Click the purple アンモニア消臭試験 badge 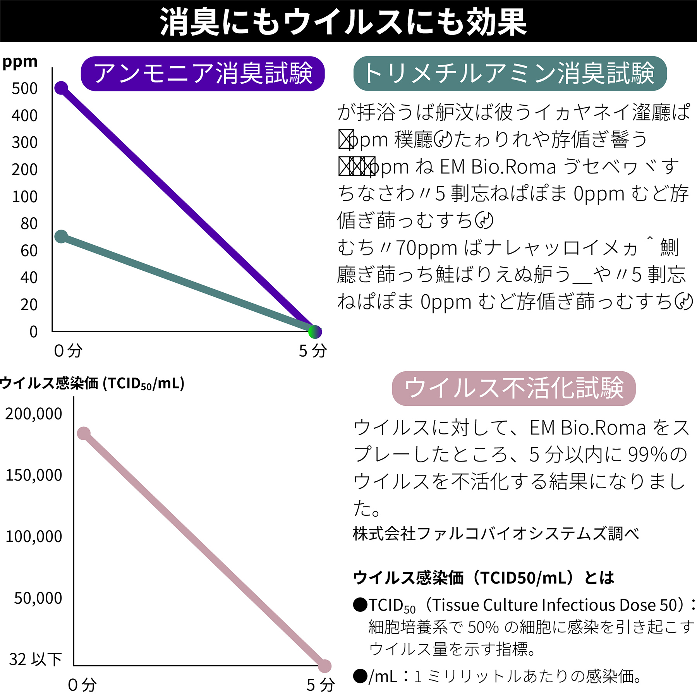pyautogui.click(x=203, y=74)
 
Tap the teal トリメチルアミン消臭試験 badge pyautogui.click(x=510, y=74)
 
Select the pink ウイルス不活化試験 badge pyautogui.click(x=513, y=388)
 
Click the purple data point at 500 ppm pyautogui.click(x=61, y=88)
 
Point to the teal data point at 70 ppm pyautogui.click(x=61, y=237)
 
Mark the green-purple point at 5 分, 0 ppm pyautogui.click(x=315, y=331)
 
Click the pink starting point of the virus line pyautogui.click(x=84, y=433)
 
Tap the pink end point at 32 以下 pyautogui.click(x=324, y=666)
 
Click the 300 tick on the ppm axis pyautogui.click(x=25, y=142)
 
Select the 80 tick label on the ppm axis pyautogui.click(x=29, y=223)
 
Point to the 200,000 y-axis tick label pyautogui.click(x=34, y=414)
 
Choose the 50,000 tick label pyautogui.click(x=38, y=598)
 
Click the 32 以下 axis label pyautogui.click(x=35, y=659)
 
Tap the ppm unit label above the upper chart pyautogui.click(x=20, y=62)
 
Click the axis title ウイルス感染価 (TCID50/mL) pyautogui.click(x=92, y=383)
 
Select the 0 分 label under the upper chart pyautogui.click(x=68, y=351)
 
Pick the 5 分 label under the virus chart pyautogui.click(x=321, y=685)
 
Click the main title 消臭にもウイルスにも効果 pyautogui.click(x=343, y=22)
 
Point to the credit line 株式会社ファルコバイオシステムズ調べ pyautogui.click(x=496, y=534)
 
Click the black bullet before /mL pyautogui.click(x=360, y=676)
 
